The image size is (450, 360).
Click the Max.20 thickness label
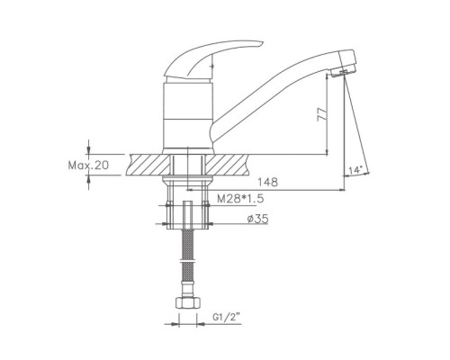click(x=88, y=165)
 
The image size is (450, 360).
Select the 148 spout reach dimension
click(x=268, y=182)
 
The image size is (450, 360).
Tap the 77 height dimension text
click(x=321, y=113)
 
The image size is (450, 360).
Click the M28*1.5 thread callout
click(x=240, y=198)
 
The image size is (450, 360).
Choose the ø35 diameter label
click(x=257, y=219)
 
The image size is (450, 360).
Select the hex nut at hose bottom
click(x=188, y=302)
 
